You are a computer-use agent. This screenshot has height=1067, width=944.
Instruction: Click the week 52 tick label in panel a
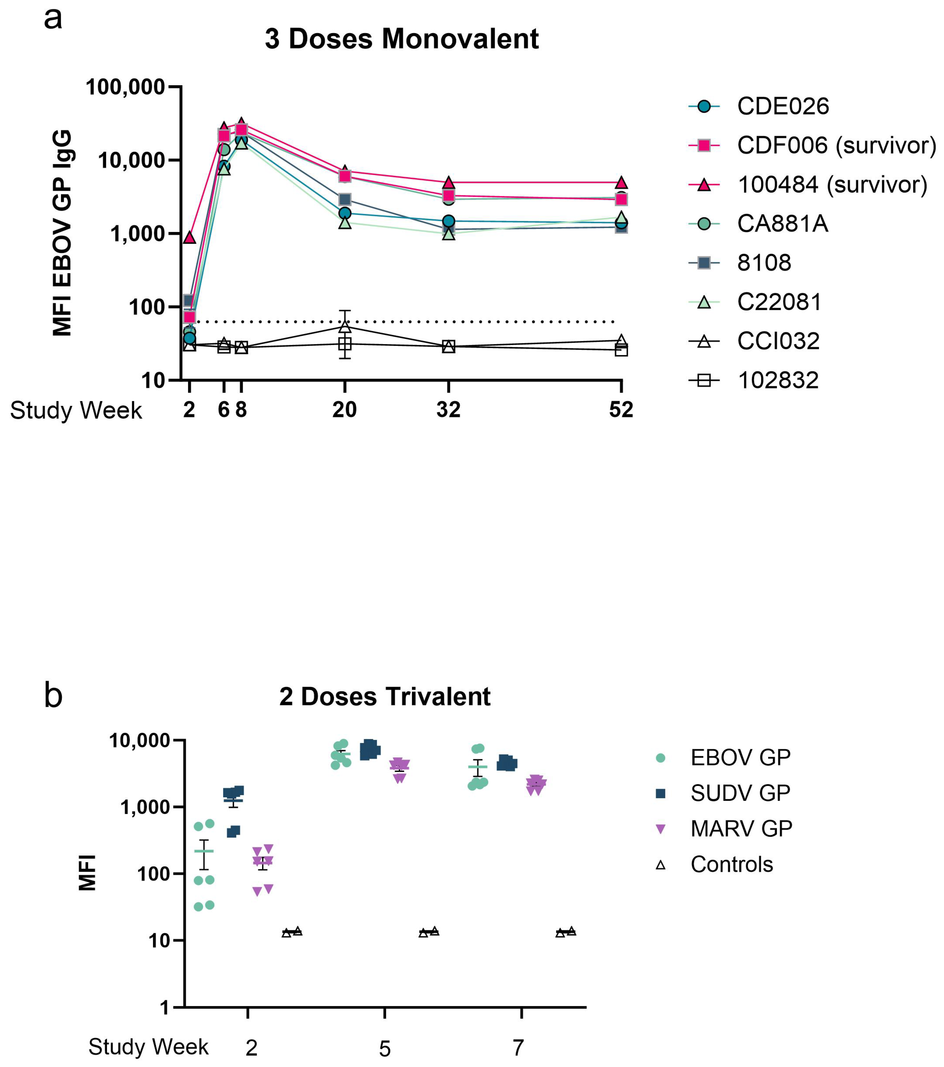[x=621, y=410]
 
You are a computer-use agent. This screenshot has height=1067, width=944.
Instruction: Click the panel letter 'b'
[x=53, y=696]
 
